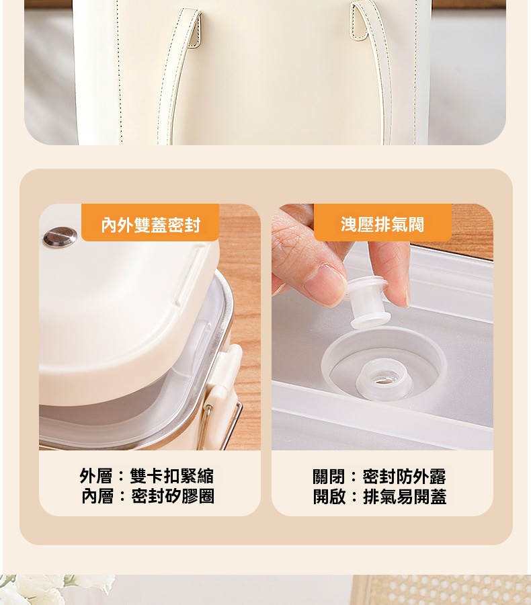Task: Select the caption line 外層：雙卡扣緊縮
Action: [147, 476]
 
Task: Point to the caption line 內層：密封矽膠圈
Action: [147, 496]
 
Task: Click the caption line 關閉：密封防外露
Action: [379, 477]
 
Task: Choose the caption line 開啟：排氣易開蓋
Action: [380, 497]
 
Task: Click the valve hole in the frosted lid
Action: [382, 378]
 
